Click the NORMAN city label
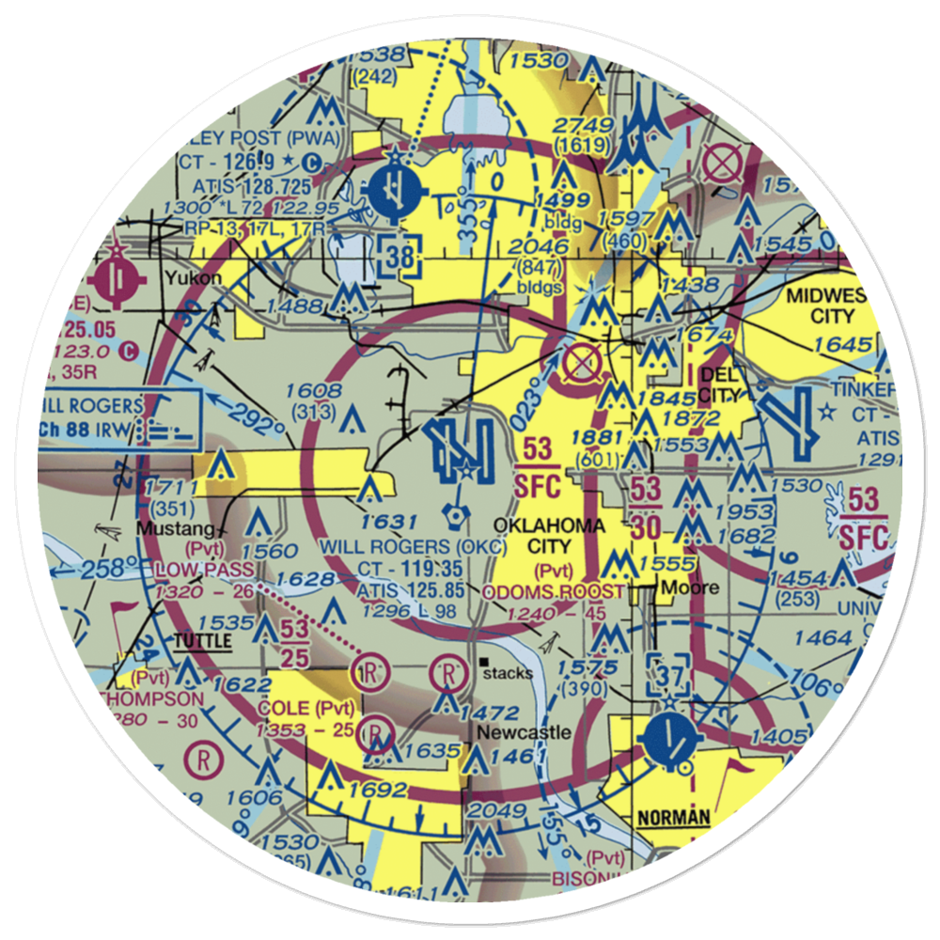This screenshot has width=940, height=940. click(673, 818)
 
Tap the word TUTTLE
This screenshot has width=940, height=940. click(203, 639)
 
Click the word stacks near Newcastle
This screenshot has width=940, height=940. click(507, 672)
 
